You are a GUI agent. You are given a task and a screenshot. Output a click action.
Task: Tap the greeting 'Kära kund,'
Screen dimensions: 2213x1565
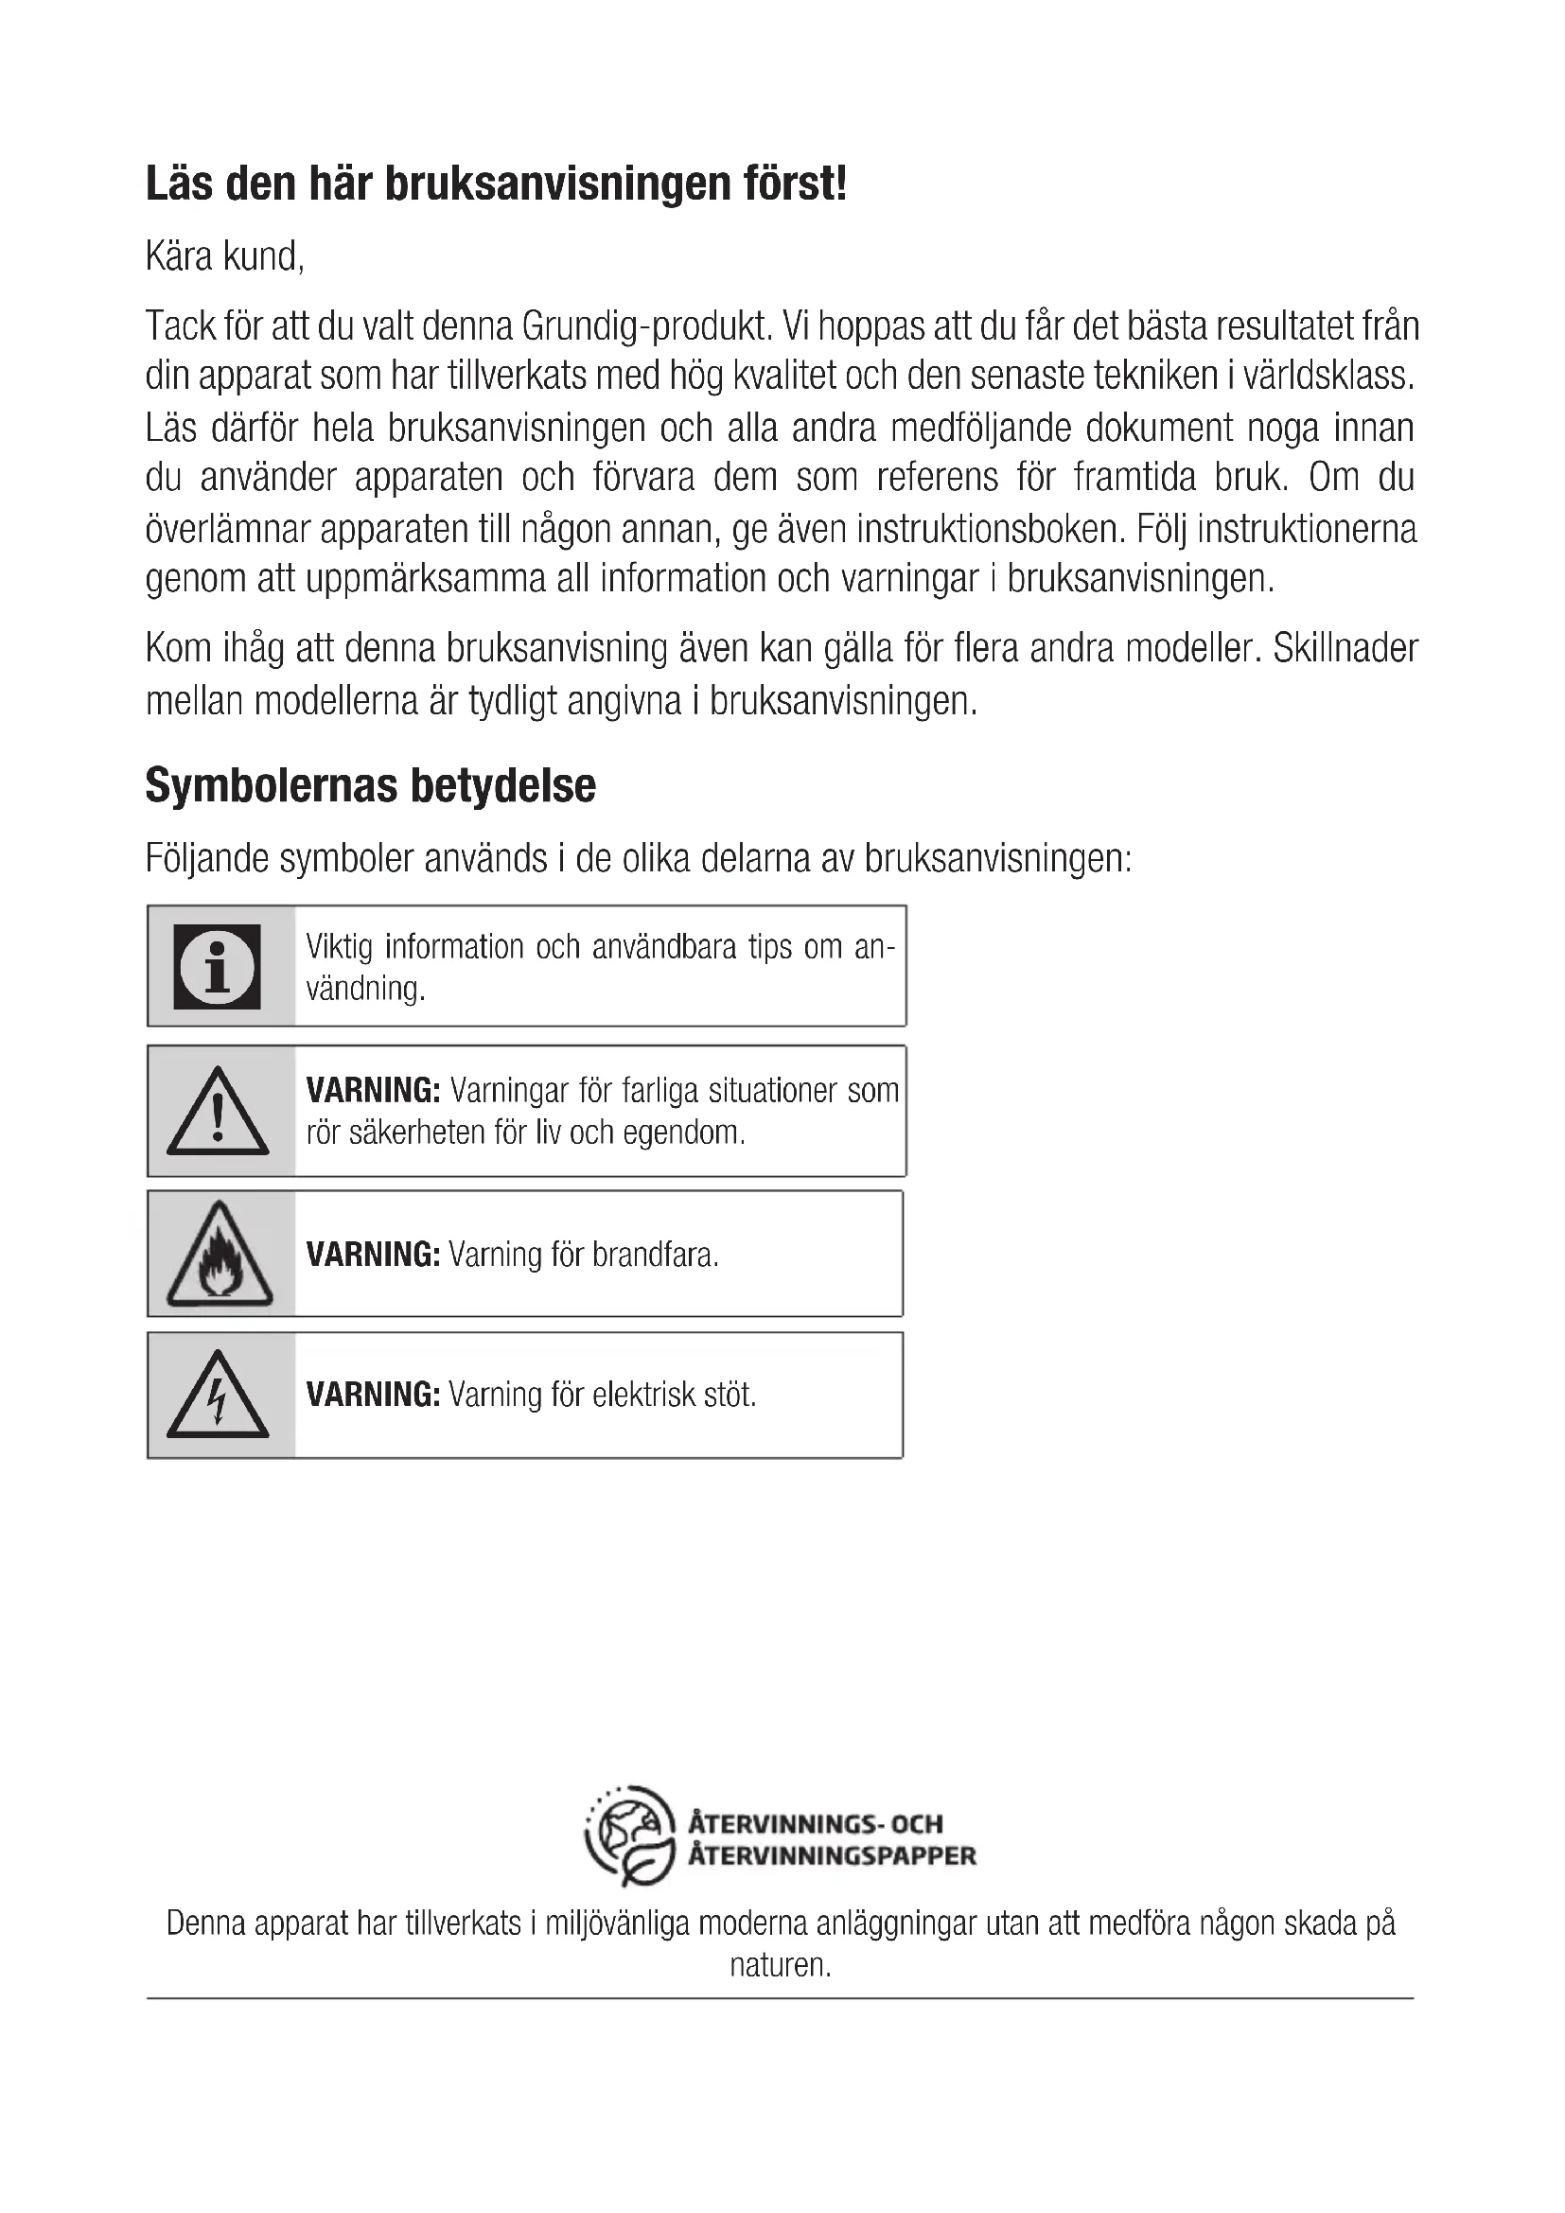click(x=224, y=257)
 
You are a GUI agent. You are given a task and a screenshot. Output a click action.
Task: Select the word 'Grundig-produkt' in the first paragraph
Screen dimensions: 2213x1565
click(x=646, y=326)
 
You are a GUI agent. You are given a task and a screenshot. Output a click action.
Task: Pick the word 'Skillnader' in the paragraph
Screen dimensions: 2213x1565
click(x=1345, y=649)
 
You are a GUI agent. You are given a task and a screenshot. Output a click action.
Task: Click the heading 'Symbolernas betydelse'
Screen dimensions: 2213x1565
click(x=370, y=785)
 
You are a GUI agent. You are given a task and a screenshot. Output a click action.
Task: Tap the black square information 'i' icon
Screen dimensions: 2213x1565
click(x=218, y=966)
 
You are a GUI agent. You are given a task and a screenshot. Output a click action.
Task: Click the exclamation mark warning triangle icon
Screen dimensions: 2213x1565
click(x=218, y=1112)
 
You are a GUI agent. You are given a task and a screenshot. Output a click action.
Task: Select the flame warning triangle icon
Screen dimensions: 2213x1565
click(x=219, y=1254)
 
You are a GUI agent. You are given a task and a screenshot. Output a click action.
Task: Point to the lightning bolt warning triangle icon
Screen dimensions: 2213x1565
click(x=218, y=1395)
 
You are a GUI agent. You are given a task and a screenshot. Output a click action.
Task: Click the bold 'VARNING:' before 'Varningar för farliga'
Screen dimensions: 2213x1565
click(x=373, y=1091)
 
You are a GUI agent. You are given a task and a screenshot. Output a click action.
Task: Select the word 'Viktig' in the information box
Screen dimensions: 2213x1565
click(x=340, y=947)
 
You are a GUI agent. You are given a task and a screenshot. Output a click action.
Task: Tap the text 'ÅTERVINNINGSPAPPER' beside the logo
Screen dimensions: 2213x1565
click(x=832, y=1855)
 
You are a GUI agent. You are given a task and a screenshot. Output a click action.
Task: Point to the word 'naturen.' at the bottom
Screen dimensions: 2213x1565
click(x=780, y=1965)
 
